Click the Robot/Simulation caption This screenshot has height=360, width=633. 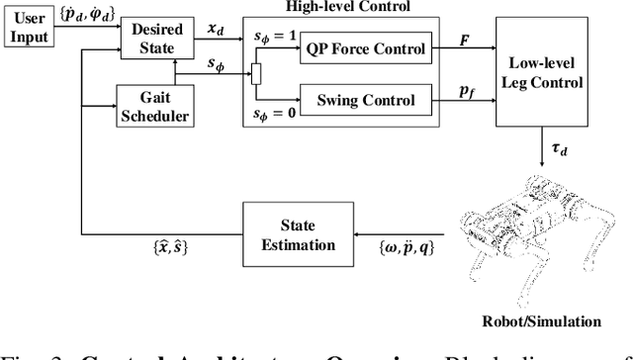pyautogui.click(x=540, y=321)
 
